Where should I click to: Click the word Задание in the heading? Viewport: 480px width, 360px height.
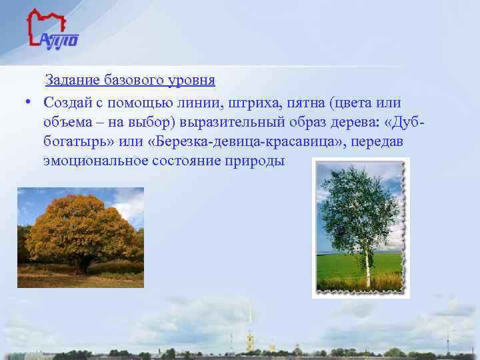pos(72,81)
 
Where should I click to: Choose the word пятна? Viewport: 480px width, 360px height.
pos(301,102)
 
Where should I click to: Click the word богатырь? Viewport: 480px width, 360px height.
pos(73,142)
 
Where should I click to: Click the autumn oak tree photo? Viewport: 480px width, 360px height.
pos(80,237)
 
